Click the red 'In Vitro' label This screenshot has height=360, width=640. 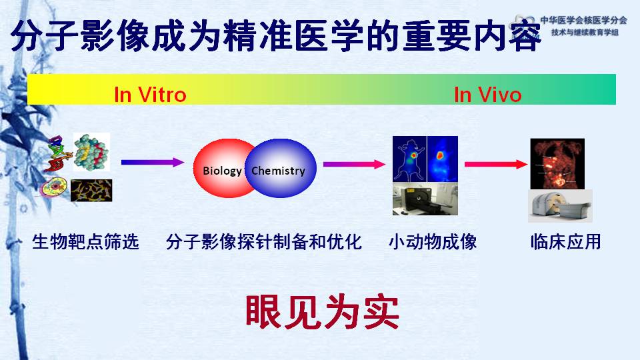click(x=150, y=95)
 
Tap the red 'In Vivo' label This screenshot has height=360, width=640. click(x=488, y=95)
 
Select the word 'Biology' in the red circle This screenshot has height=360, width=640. click(x=222, y=171)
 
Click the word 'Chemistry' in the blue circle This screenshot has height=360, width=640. click(x=278, y=171)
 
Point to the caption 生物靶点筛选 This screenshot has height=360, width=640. click(x=86, y=241)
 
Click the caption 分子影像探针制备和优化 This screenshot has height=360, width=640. click(x=264, y=241)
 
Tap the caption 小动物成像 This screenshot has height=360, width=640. click(x=433, y=241)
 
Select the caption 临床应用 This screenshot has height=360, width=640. click(x=566, y=241)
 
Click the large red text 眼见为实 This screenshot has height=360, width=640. click(x=322, y=312)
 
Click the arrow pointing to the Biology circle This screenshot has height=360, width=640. click(x=153, y=162)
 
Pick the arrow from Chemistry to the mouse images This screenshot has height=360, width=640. click(x=354, y=164)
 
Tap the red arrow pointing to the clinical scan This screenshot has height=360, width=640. click(x=496, y=164)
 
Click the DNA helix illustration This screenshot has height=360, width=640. click(x=58, y=153)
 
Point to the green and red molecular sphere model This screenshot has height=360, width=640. click(x=91, y=152)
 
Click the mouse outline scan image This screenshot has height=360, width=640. click(x=409, y=159)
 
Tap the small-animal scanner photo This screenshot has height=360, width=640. click(x=425, y=199)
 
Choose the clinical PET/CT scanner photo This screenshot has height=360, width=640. click(x=560, y=206)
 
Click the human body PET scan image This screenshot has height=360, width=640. click(x=557, y=164)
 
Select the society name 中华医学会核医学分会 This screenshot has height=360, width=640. click(x=584, y=20)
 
